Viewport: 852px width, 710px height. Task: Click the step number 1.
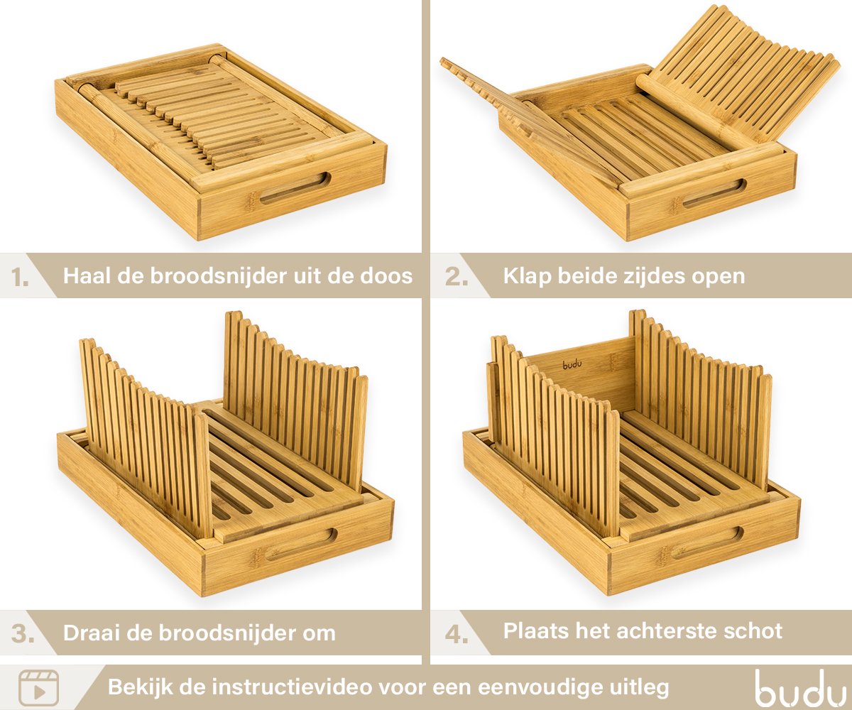20,278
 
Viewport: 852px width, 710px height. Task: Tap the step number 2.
457,277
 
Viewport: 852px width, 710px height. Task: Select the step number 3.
23,634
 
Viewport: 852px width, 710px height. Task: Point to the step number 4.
457,634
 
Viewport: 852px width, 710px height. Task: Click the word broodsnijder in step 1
219,277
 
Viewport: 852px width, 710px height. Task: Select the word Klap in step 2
528,277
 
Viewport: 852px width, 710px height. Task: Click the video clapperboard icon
39,688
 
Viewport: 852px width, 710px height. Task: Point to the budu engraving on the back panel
572,364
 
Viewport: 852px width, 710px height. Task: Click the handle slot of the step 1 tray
295,187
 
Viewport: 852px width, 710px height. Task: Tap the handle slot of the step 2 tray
714,193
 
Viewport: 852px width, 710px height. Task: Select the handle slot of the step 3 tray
302,545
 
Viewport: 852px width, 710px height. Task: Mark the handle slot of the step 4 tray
707,543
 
